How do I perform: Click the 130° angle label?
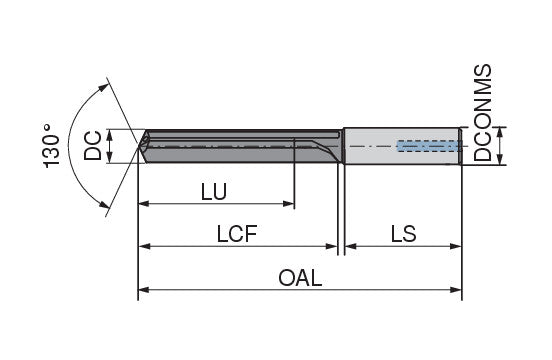(51, 146)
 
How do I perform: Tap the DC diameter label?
(93, 145)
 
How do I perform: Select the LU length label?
(214, 192)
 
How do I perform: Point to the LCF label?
(237, 234)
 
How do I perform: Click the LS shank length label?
(403, 234)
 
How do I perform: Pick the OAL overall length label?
(300, 278)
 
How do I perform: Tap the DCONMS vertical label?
(482, 113)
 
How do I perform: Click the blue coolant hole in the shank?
(429, 146)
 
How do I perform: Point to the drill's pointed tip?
(138, 144)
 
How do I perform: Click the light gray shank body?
(402, 146)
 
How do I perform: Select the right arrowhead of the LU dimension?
(289, 204)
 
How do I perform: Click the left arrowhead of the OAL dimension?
(144, 290)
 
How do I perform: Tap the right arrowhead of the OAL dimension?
(456, 290)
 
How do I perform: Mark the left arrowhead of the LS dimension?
(351, 246)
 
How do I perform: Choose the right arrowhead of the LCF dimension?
(332, 246)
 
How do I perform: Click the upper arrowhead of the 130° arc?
(103, 87)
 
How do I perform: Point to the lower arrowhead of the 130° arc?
(104, 204)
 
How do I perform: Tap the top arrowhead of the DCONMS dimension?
(500, 132)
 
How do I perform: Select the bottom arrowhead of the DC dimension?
(110, 157)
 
